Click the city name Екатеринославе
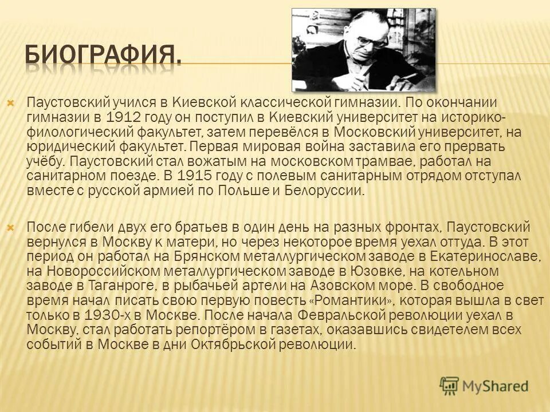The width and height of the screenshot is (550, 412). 478,255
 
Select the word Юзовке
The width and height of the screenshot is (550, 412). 318,270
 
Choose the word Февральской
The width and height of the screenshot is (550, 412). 349,315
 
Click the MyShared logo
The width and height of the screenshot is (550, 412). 484,385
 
